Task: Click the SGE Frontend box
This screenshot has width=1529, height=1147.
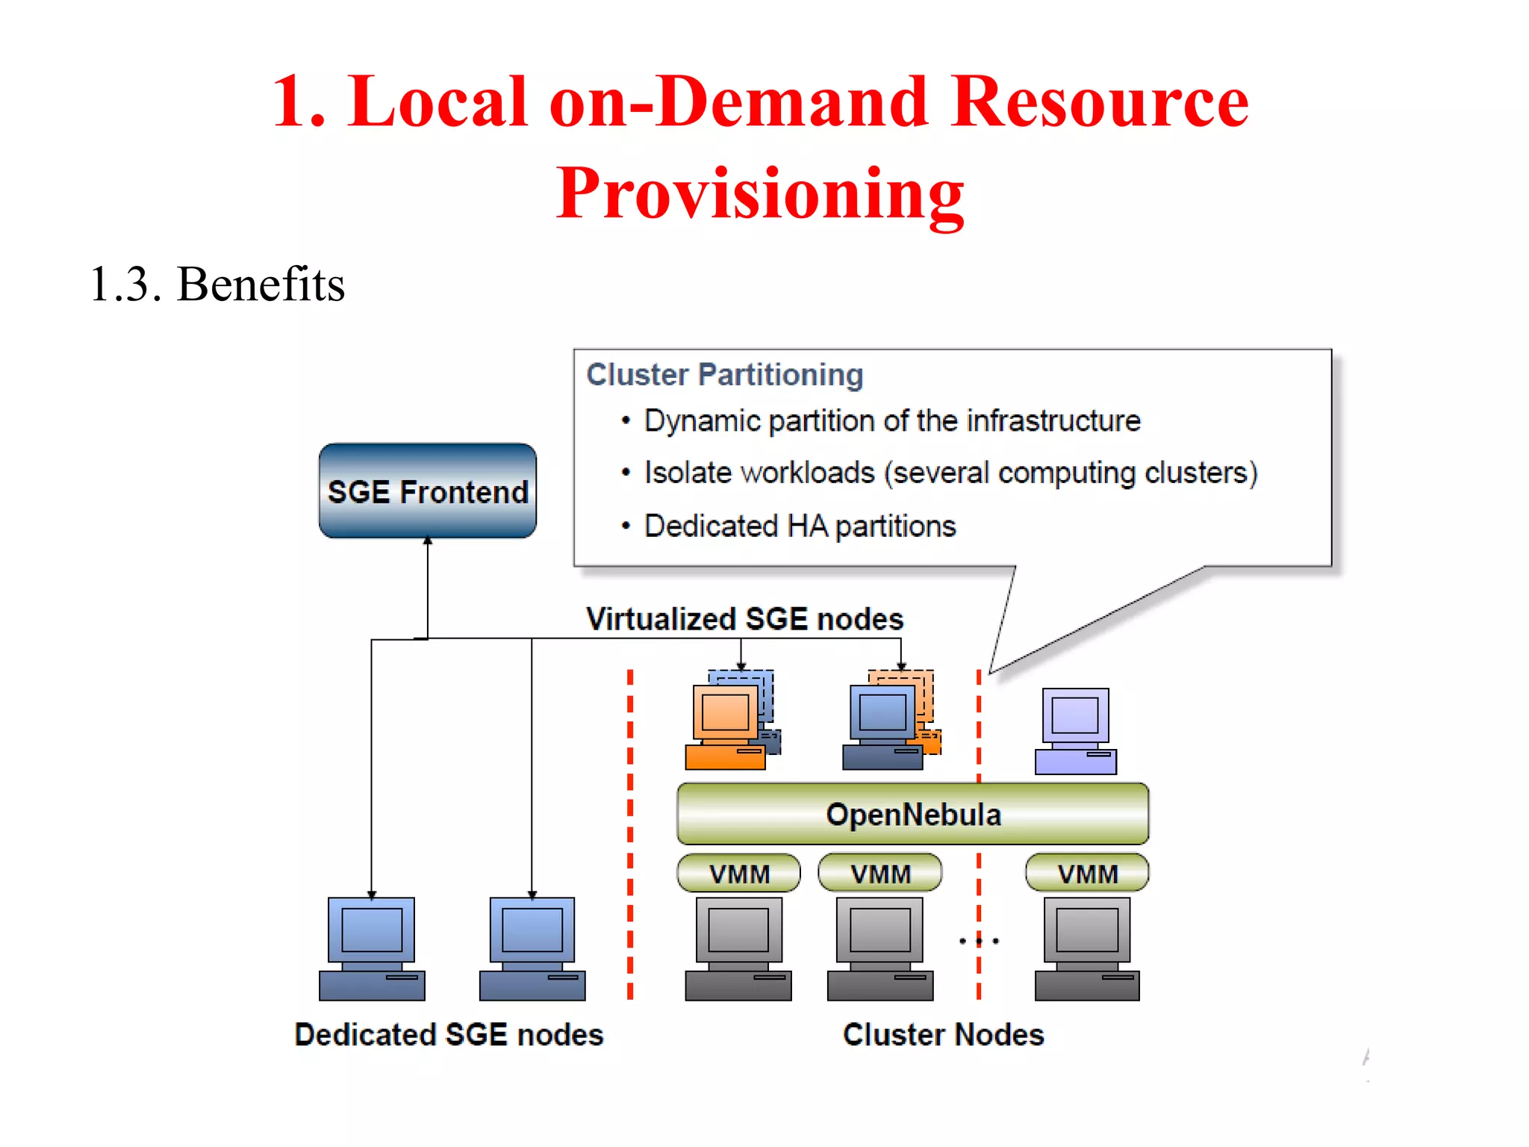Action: [427, 491]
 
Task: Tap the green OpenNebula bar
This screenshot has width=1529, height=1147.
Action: [912, 814]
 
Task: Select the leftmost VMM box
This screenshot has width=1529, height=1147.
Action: [738, 873]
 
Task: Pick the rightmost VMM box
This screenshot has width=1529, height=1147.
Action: [1087, 873]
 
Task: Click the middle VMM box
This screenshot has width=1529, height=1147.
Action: [880, 873]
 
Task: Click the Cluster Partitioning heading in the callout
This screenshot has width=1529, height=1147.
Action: [724, 374]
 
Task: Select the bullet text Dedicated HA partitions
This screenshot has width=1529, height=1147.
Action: [800, 526]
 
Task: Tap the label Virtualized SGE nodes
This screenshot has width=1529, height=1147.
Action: [744, 619]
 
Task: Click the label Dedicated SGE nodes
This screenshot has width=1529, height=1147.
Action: [449, 1034]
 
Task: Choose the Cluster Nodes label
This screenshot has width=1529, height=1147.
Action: [943, 1034]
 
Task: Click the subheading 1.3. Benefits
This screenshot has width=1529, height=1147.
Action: [217, 284]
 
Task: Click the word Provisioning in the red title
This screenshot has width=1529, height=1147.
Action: [760, 193]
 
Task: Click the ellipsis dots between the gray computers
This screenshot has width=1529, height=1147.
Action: [979, 941]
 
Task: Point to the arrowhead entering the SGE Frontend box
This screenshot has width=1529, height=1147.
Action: [428, 541]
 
